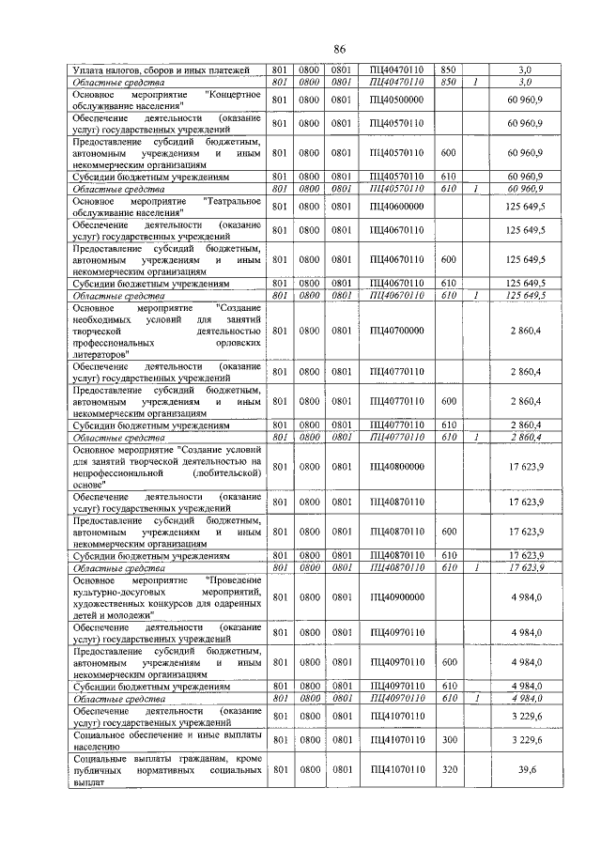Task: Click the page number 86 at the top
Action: [x=340, y=49]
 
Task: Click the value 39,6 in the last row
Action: [x=532, y=769]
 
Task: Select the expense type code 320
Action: [x=449, y=769]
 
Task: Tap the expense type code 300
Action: [x=449, y=740]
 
